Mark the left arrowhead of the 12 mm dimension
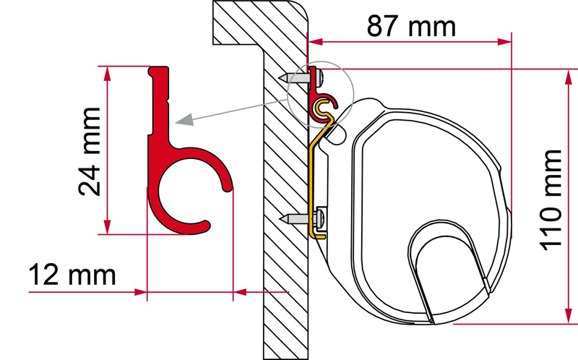tap(140, 292)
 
